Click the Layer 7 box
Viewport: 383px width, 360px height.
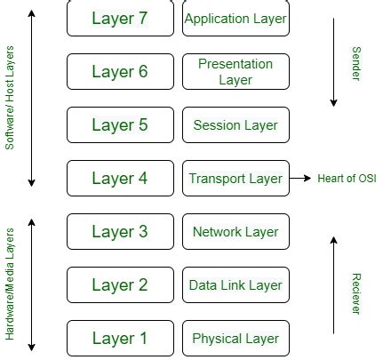(120, 19)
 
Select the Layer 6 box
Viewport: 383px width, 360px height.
(120, 72)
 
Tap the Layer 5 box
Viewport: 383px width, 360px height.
(120, 125)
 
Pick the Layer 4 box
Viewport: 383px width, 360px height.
(120, 179)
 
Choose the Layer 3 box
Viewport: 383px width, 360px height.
(120, 232)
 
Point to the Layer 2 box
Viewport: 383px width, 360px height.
(120, 285)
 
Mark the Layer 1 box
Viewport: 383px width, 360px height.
(120, 339)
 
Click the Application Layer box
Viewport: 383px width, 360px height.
(235, 19)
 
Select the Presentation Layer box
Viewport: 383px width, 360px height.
(235, 72)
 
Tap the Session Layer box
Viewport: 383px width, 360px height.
(235, 125)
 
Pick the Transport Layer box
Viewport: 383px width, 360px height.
(235, 179)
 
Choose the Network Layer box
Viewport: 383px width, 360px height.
(235, 232)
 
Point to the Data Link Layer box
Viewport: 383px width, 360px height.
(235, 285)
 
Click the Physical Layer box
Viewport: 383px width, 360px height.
(235, 339)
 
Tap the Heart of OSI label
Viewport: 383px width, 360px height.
(347, 179)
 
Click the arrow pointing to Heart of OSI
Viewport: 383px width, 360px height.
(300, 179)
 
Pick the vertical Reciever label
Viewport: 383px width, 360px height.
(356, 293)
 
